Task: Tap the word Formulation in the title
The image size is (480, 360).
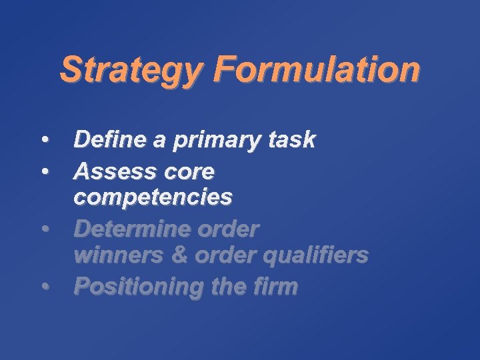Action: click(x=318, y=69)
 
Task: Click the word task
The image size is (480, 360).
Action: click(x=291, y=139)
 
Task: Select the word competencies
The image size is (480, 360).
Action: click(x=153, y=198)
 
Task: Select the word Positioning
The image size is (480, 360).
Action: click(x=131, y=287)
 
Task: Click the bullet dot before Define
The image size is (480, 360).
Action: click(x=45, y=141)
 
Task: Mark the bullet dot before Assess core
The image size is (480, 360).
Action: click(x=45, y=173)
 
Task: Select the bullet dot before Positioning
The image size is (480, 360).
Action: click(x=45, y=287)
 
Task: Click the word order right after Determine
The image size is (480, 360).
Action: click(x=233, y=229)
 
